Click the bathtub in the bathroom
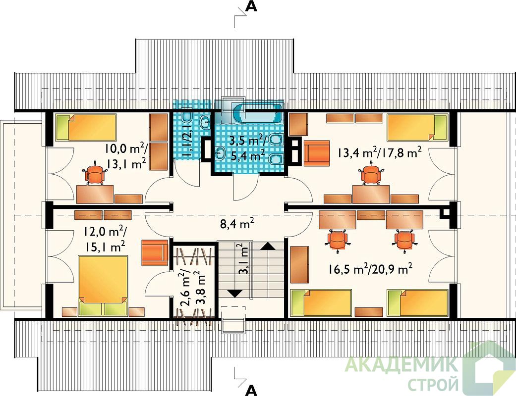(x=258, y=112)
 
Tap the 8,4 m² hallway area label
(x=237, y=224)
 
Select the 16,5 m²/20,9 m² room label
(x=370, y=269)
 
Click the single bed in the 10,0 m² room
(x=86, y=127)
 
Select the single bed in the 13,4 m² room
(x=417, y=127)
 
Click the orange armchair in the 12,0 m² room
(x=155, y=252)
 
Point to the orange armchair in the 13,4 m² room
(x=317, y=153)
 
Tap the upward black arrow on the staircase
(x=268, y=247)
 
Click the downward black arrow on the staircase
(x=235, y=293)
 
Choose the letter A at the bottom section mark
(x=251, y=390)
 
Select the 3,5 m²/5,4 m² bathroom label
(x=247, y=148)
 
